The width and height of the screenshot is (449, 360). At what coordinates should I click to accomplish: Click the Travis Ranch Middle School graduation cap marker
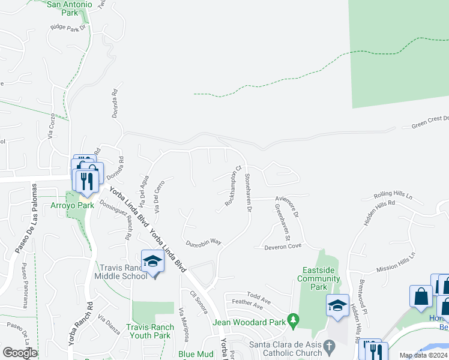(152, 261)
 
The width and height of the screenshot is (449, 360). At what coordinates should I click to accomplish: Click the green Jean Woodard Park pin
(293, 322)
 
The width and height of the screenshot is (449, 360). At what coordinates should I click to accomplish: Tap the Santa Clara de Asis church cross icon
(328, 346)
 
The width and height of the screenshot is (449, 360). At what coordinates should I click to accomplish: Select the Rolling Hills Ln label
(393, 196)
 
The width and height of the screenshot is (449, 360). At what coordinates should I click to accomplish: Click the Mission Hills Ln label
(396, 264)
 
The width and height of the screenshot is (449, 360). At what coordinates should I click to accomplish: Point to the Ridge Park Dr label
(70, 28)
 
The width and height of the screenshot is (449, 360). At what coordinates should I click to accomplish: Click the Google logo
(19, 352)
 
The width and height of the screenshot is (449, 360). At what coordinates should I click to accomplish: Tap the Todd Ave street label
(259, 296)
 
